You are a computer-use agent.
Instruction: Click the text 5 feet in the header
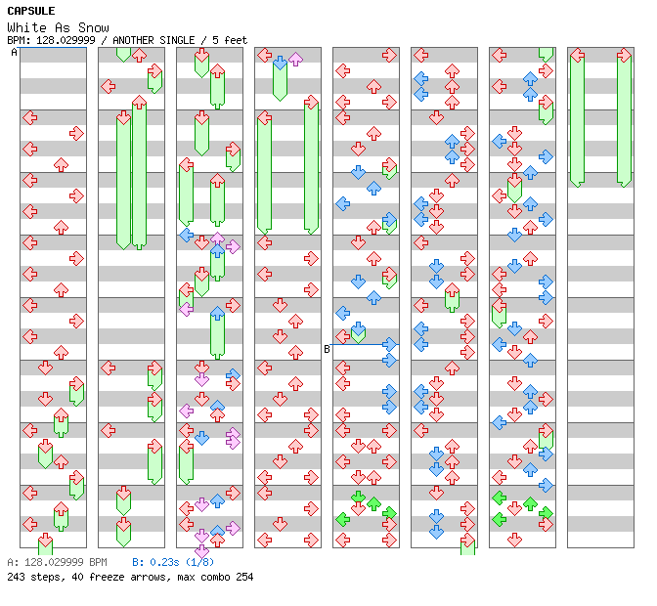pyautogui.click(x=228, y=40)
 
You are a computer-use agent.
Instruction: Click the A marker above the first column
pyautogui.click(x=15, y=53)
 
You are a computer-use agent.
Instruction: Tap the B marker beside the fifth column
pyautogui.click(x=327, y=349)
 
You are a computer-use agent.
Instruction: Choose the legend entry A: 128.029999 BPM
pyautogui.click(x=57, y=563)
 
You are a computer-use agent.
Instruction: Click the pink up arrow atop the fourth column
pyautogui.click(x=295, y=60)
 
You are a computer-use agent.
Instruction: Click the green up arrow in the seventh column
pyautogui.click(x=530, y=504)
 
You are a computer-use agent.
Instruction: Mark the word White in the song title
pyautogui.click(x=26, y=27)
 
